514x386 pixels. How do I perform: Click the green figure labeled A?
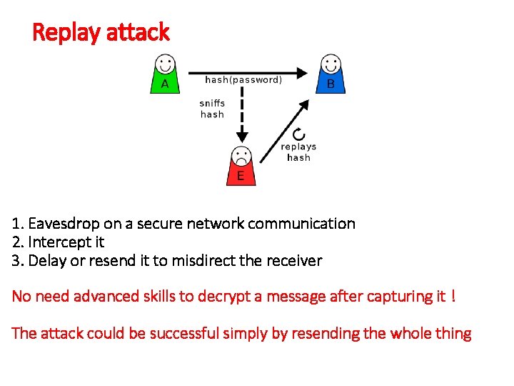click(x=164, y=74)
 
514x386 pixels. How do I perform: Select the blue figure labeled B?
click(x=330, y=74)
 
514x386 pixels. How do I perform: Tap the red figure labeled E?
click(x=241, y=167)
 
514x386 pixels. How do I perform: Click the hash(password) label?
click(x=243, y=80)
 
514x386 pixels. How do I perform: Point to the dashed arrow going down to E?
click(x=242, y=114)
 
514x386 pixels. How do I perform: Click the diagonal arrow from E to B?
click(x=283, y=131)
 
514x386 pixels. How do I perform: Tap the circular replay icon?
click(x=299, y=134)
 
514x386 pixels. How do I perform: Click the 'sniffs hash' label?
click(x=212, y=109)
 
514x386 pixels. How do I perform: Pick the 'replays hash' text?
click(x=298, y=152)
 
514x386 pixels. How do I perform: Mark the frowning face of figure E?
click(x=241, y=155)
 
